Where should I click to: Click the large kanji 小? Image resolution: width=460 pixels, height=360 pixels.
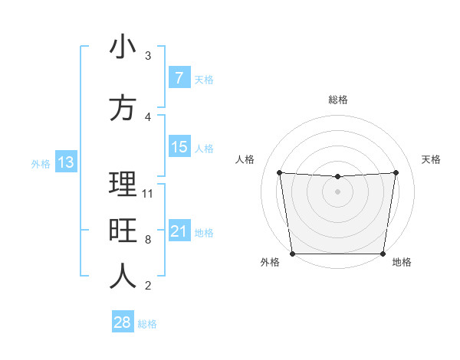coord(123,47)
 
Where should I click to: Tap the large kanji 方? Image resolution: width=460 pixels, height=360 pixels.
coord(123,108)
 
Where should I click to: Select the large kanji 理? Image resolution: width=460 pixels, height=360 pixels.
coord(123,185)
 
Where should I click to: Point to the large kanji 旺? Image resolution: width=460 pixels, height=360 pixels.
coord(123,231)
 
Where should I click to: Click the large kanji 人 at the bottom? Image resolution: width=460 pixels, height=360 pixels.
coord(123,277)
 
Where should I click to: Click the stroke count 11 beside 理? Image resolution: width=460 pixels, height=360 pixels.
coord(148,193)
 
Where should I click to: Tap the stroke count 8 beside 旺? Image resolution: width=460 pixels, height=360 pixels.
coord(147,239)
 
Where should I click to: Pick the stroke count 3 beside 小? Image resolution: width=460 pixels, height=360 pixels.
coord(147,56)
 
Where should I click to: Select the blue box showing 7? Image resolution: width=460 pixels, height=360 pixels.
coord(179,78)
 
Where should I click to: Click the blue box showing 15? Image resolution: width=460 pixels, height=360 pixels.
coord(179,147)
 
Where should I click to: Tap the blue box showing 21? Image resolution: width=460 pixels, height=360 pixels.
coord(179,231)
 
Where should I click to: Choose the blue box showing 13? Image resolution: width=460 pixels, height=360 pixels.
coord(65,162)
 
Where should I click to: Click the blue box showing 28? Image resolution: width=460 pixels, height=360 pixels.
coord(122,322)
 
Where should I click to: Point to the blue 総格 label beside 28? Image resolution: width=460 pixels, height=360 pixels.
coord(147,324)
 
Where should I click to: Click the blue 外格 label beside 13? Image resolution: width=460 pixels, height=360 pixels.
coord(41,163)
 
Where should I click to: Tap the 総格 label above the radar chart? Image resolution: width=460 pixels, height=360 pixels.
coord(337,100)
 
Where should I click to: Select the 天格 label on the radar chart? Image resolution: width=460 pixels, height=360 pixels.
coord(431,159)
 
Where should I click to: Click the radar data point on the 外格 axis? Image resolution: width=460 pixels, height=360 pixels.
coord(292,254)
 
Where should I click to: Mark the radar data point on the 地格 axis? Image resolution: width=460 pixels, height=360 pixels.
coord(383,254)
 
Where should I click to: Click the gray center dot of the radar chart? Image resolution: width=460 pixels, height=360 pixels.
coord(337,191)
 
